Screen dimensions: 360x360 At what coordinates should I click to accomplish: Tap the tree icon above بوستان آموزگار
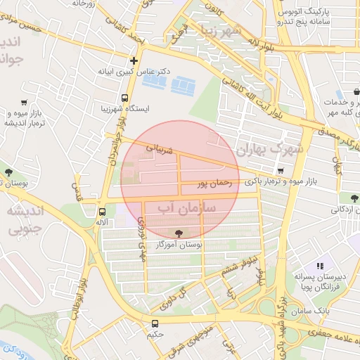point(176,233)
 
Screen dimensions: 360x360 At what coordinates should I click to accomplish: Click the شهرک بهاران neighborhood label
point(269,150)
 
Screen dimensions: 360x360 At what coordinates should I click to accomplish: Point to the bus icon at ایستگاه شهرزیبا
point(124,98)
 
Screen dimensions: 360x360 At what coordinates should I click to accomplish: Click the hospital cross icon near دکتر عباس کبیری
point(134,60)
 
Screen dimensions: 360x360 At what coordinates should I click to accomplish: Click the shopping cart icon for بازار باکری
point(281,170)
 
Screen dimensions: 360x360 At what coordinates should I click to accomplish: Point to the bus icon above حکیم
point(155,323)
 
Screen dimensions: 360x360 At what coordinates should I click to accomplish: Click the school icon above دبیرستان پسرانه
point(320,266)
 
